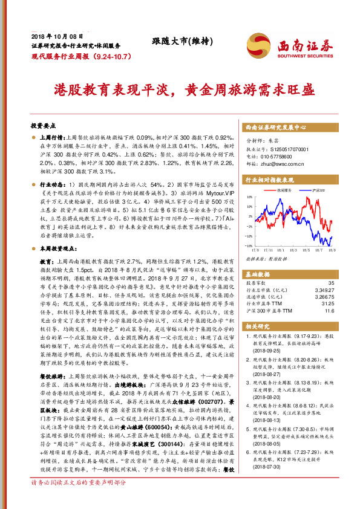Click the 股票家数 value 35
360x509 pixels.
click(x=330, y=283)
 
